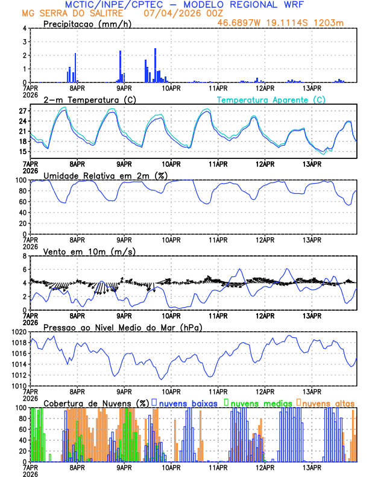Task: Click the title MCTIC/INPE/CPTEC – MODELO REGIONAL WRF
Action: tap(184, 4)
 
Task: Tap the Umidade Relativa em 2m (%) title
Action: tap(105, 175)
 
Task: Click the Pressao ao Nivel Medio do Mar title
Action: tap(122, 327)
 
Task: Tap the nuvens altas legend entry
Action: tap(327, 402)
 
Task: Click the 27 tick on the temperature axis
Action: tap(22, 111)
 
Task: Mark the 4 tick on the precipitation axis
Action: tap(24, 28)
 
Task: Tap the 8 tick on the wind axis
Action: tap(24, 256)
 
